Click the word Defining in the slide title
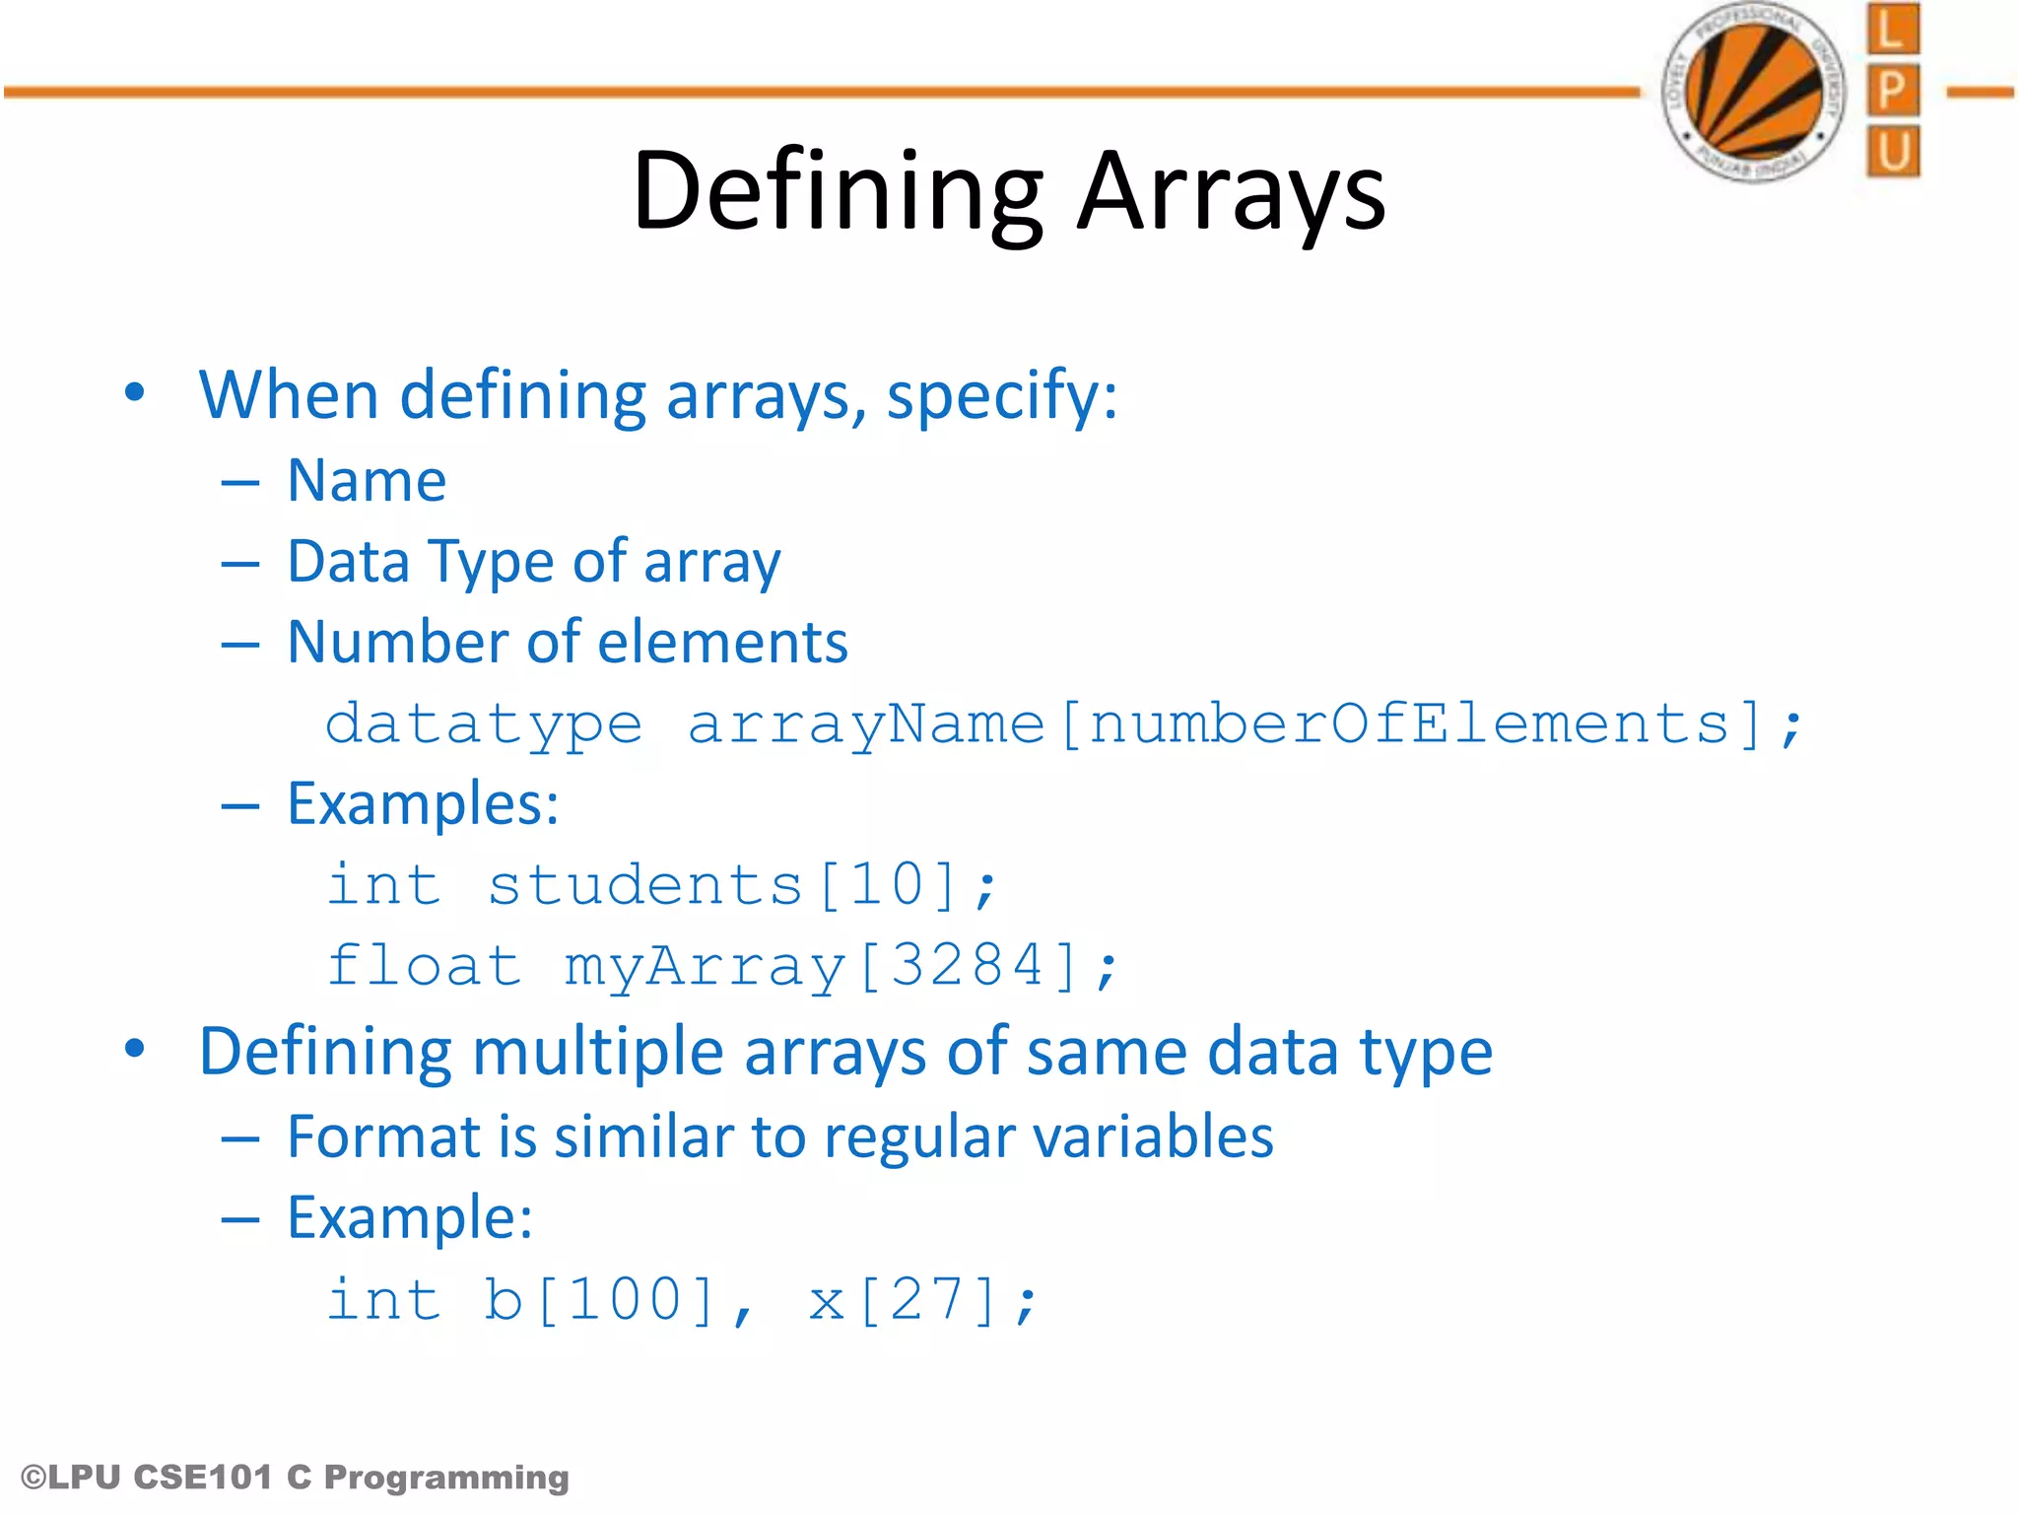[x=838, y=192]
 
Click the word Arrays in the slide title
[x=1231, y=192]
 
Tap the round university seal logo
[x=1753, y=92]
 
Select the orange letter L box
[x=1892, y=30]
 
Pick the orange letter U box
[x=1892, y=152]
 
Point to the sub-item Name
[x=367, y=481]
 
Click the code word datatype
[x=484, y=725]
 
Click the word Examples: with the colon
[x=423, y=804]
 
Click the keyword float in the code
[x=424, y=965]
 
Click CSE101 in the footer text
[x=202, y=1478]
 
